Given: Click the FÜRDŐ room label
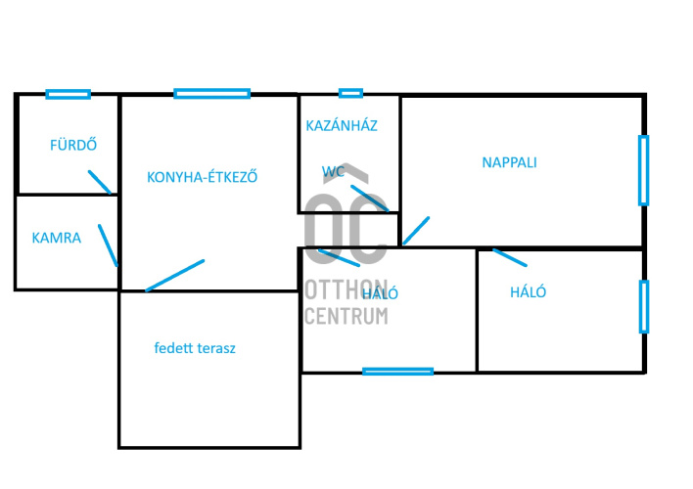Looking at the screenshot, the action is pos(73,145).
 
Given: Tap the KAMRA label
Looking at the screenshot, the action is pos(57,238).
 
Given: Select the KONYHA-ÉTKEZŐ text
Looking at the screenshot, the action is pos(202,177).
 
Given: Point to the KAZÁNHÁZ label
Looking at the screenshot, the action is pos(342,126).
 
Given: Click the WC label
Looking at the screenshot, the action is pos(333,171).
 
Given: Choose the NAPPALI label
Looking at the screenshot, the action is pos(510,162).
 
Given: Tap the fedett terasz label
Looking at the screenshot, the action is pos(195,348).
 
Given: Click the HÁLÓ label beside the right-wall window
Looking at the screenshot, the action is pos(529,292).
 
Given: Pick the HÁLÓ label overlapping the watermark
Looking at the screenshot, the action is pos(380,293).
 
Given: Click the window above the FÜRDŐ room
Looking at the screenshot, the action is pos(69,94).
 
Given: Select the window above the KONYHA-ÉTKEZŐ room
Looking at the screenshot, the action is pos(212,93).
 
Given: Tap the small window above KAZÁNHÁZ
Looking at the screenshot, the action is pos(351,93).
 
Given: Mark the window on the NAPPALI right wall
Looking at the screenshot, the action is pos(643,170).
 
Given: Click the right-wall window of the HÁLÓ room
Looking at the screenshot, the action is pos(644,306).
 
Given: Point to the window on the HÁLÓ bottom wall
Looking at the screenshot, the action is pos(397,372).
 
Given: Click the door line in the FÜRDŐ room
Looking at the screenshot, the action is pos(100,183).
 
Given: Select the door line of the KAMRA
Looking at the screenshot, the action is pos(109,245).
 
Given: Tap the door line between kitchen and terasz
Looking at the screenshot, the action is pos(175,276).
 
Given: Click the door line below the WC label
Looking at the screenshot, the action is pos(370,199).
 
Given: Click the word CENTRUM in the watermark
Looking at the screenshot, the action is pos(346,316).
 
